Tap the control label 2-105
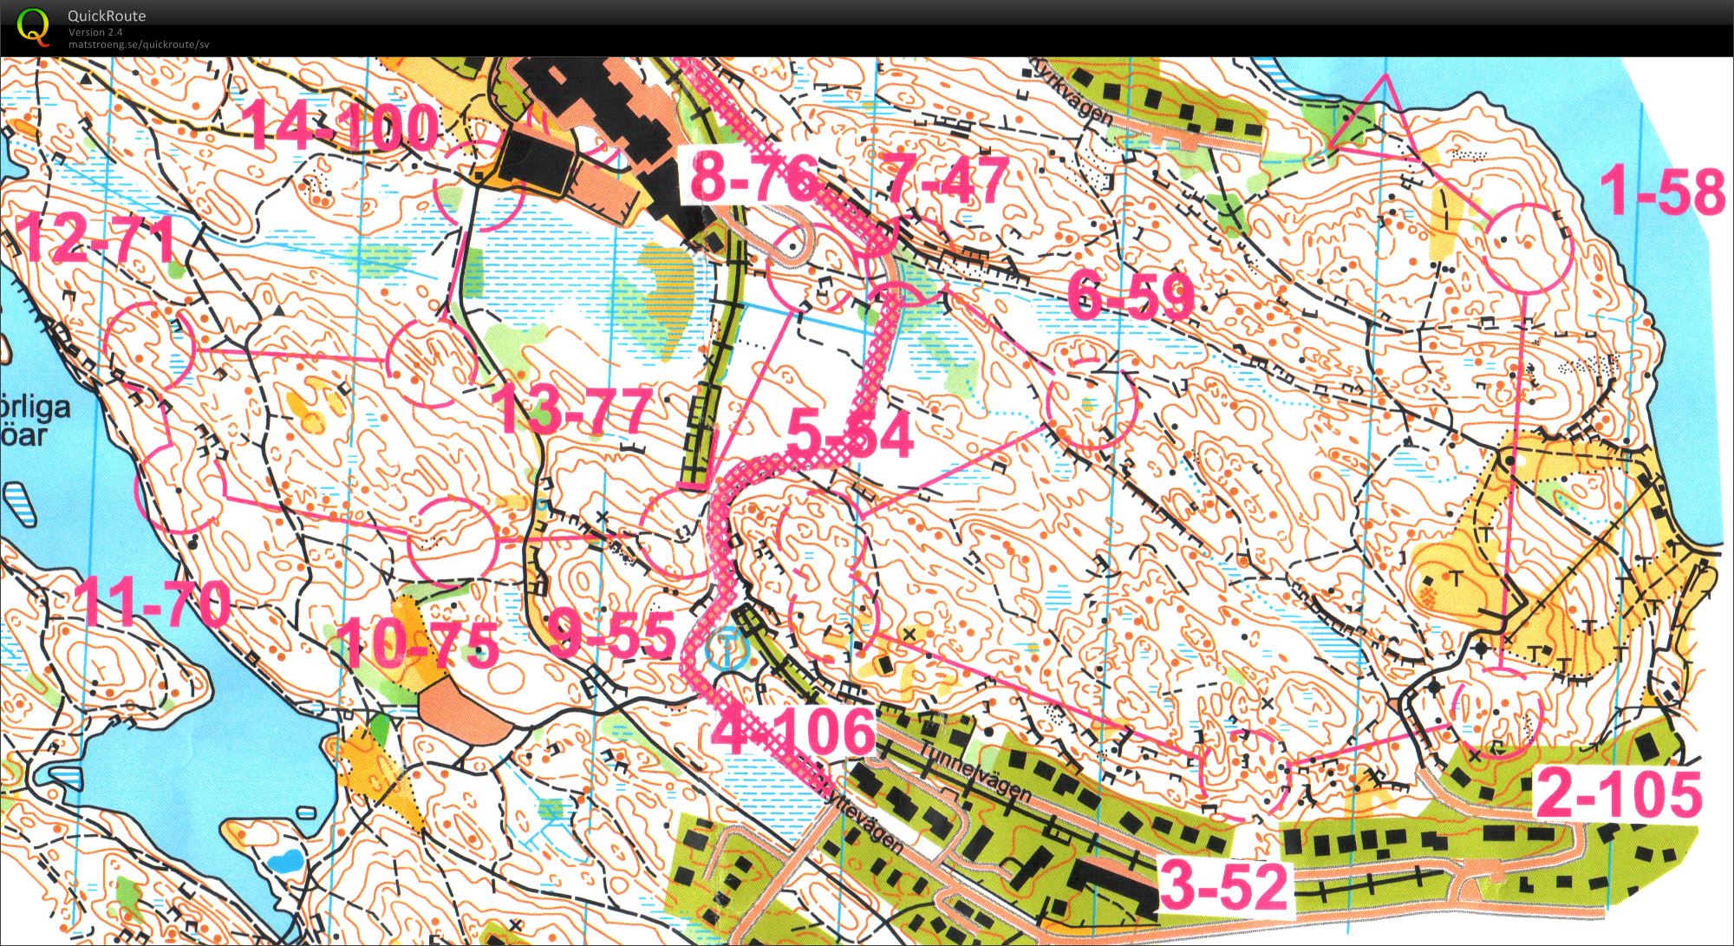point(1620,795)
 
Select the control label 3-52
point(1223,885)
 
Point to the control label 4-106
point(793,730)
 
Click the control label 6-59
point(1131,297)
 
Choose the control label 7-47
point(947,179)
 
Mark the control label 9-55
point(612,635)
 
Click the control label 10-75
point(418,645)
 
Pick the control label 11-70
point(152,602)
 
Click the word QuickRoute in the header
point(107,16)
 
